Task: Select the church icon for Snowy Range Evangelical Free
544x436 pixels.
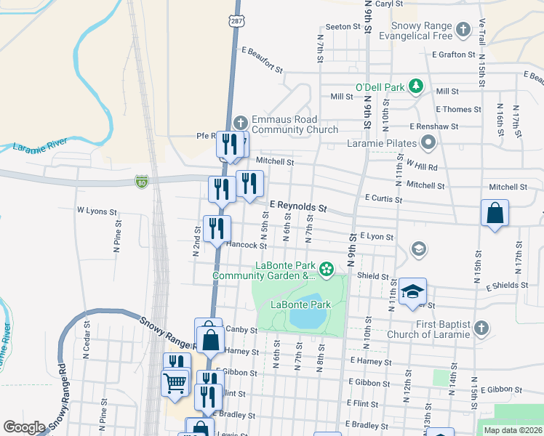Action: [463, 31]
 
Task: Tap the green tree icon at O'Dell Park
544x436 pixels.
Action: [415, 87]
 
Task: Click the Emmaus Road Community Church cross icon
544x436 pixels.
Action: [241, 123]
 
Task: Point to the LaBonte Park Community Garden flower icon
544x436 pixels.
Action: [327, 270]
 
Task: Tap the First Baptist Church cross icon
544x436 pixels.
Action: [479, 329]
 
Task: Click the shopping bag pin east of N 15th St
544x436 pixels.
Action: [495, 214]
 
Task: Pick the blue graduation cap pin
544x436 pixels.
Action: [412, 291]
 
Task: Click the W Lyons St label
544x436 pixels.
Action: [97, 211]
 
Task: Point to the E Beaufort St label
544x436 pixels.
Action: [263, 60]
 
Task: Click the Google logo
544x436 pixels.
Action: [24, 427]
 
